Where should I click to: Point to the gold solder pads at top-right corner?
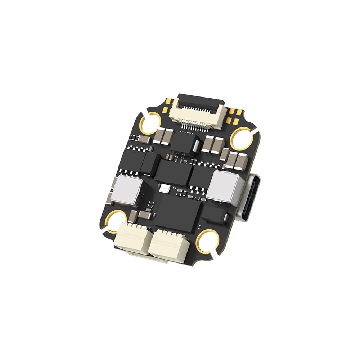coord(236,112)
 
